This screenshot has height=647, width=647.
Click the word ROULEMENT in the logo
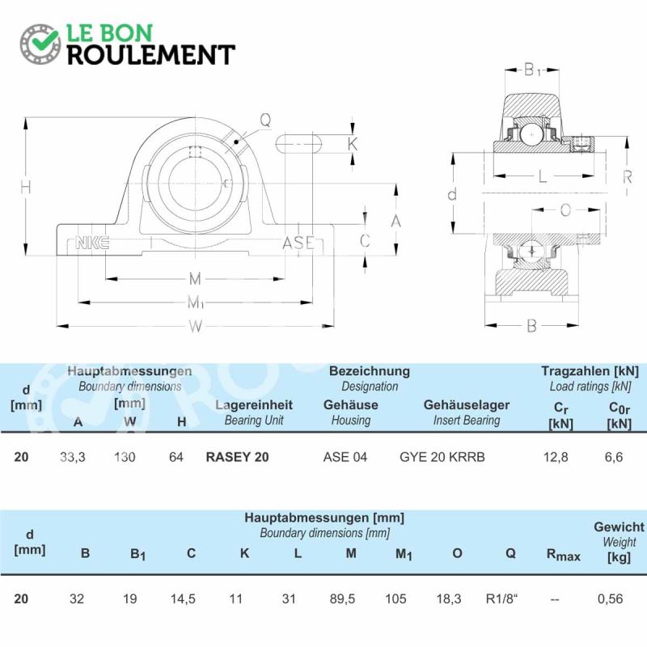pyautogui.click(x=151, y=55)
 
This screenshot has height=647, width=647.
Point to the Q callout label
pyautogui.click(x=265, y=120)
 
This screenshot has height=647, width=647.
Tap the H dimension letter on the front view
pyautogui.click(x=26, y=188)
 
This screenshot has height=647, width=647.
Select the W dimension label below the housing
pyautogui.click(x=196, y=327)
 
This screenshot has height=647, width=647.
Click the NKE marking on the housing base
pyautogui.click(x=92, y=243)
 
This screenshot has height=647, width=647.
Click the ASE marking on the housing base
pyautogui.click(x=298, y=243)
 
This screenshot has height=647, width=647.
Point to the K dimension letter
pyautogui.click(x=353, y=144)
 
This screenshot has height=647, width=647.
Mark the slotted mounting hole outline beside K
pyautogui.click(x=298, y=144)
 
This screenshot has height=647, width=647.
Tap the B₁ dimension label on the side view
pyautogui.click(x=532, y=70)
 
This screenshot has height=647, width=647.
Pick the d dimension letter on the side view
pyautogui.click(x=452, y=194)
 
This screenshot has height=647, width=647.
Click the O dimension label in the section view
pyautogui.click(x=565, y=210)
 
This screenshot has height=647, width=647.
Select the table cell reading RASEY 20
pyautogui.click(x=237, y=457)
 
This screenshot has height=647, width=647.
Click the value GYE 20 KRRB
pyautogui.click(x=442, y=457)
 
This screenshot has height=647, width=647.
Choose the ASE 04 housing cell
pyautogui.click(x=345, y=457)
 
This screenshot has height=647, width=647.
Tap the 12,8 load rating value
pyautogui.click(x=556, y=457)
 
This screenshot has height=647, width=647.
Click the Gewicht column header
pyautogui.click(x=619, y=526)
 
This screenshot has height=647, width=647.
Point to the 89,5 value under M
pyautogui.click(x=342, y=598)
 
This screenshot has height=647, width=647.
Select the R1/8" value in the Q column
pyautogui.click(x=501, y=598)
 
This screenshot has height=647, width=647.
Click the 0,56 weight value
pyautogui.click(x=611, y=598)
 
